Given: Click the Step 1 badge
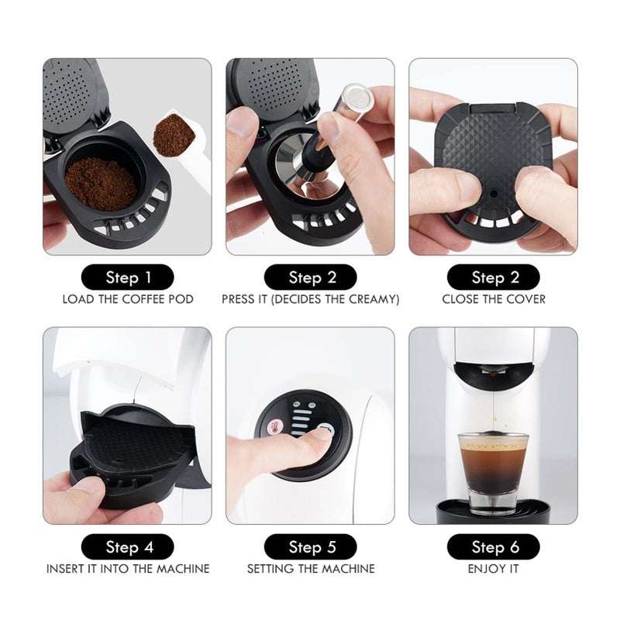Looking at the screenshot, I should point(127,277).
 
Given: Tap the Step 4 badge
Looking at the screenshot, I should point(127,547).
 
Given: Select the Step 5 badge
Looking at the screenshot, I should point(311,547).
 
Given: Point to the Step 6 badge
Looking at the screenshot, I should point(493,547).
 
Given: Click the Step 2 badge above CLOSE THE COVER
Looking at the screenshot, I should point(493,277).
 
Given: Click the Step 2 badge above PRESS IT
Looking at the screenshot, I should point(311,277).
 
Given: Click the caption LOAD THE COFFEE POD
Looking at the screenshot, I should point(127,299).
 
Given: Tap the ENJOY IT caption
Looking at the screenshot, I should point(493,569).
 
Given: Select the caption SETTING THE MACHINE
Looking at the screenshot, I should point(311,569).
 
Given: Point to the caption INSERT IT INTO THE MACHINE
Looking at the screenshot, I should point(127,569).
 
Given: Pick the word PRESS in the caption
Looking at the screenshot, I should point(239,299).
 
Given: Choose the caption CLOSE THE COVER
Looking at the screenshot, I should point(493,299).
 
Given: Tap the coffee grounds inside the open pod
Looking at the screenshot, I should point(100,183).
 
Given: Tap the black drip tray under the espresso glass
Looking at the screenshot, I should point(493,511).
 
